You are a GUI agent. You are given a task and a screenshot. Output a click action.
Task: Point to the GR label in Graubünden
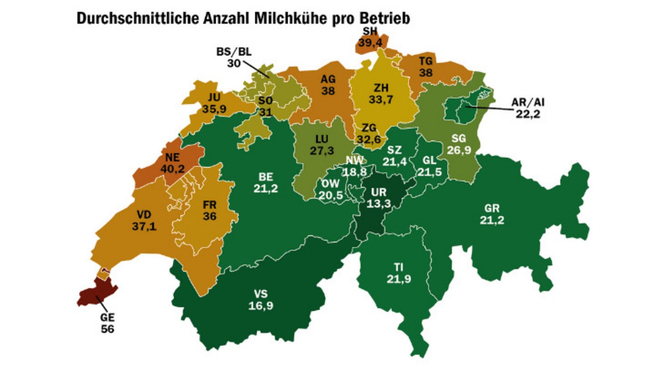pyautogui.click(x=492, y=209)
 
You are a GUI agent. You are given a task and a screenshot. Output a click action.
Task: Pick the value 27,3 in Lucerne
pyautogui.click(x=322, y=150)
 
